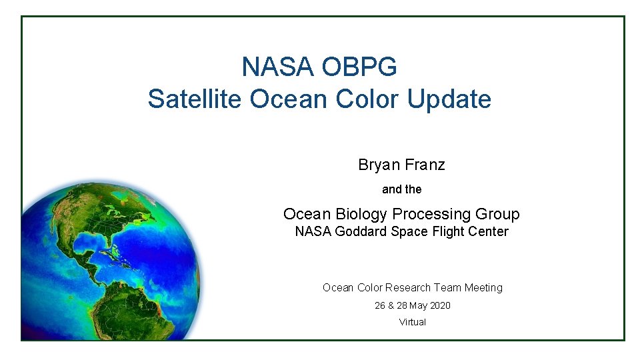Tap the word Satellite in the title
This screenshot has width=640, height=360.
point(195,99)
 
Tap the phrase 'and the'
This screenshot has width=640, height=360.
point(401,189)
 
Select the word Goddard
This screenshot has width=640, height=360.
point(356,232)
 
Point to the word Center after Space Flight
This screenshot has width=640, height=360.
point(488,232)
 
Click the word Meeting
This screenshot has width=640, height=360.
point(484,287)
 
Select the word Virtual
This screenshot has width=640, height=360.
point(412,322)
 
